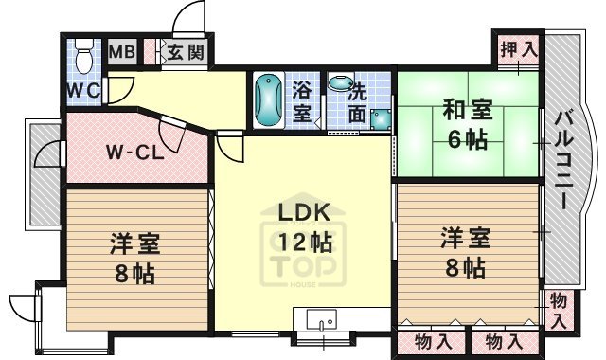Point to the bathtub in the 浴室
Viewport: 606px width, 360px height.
coord(269,101)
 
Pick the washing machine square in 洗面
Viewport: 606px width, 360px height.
coord(381,119)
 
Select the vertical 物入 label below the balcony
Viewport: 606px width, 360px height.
coord(559,310)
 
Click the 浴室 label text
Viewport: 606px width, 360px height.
coord(301,101)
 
